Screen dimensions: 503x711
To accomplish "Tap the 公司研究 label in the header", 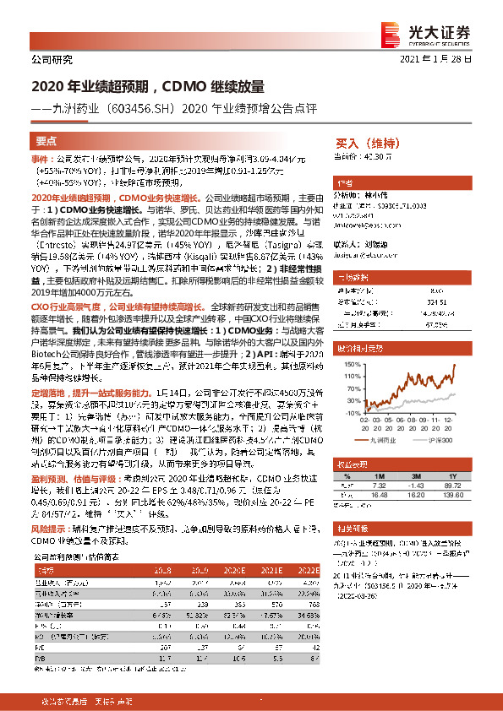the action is pos(52,59).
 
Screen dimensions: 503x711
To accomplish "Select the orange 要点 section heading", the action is pos(46,141).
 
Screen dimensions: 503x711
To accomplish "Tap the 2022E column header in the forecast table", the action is pos(308,570).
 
